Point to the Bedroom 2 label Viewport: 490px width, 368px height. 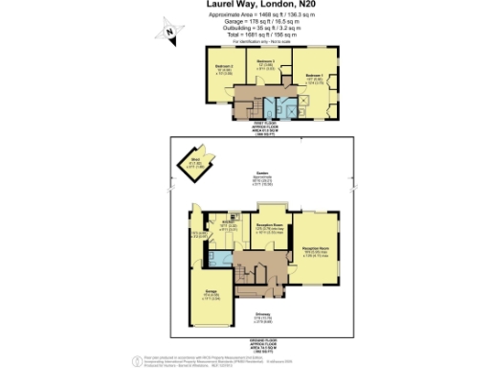226,68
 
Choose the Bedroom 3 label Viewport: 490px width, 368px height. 267,63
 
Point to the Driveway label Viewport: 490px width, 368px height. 262,318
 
